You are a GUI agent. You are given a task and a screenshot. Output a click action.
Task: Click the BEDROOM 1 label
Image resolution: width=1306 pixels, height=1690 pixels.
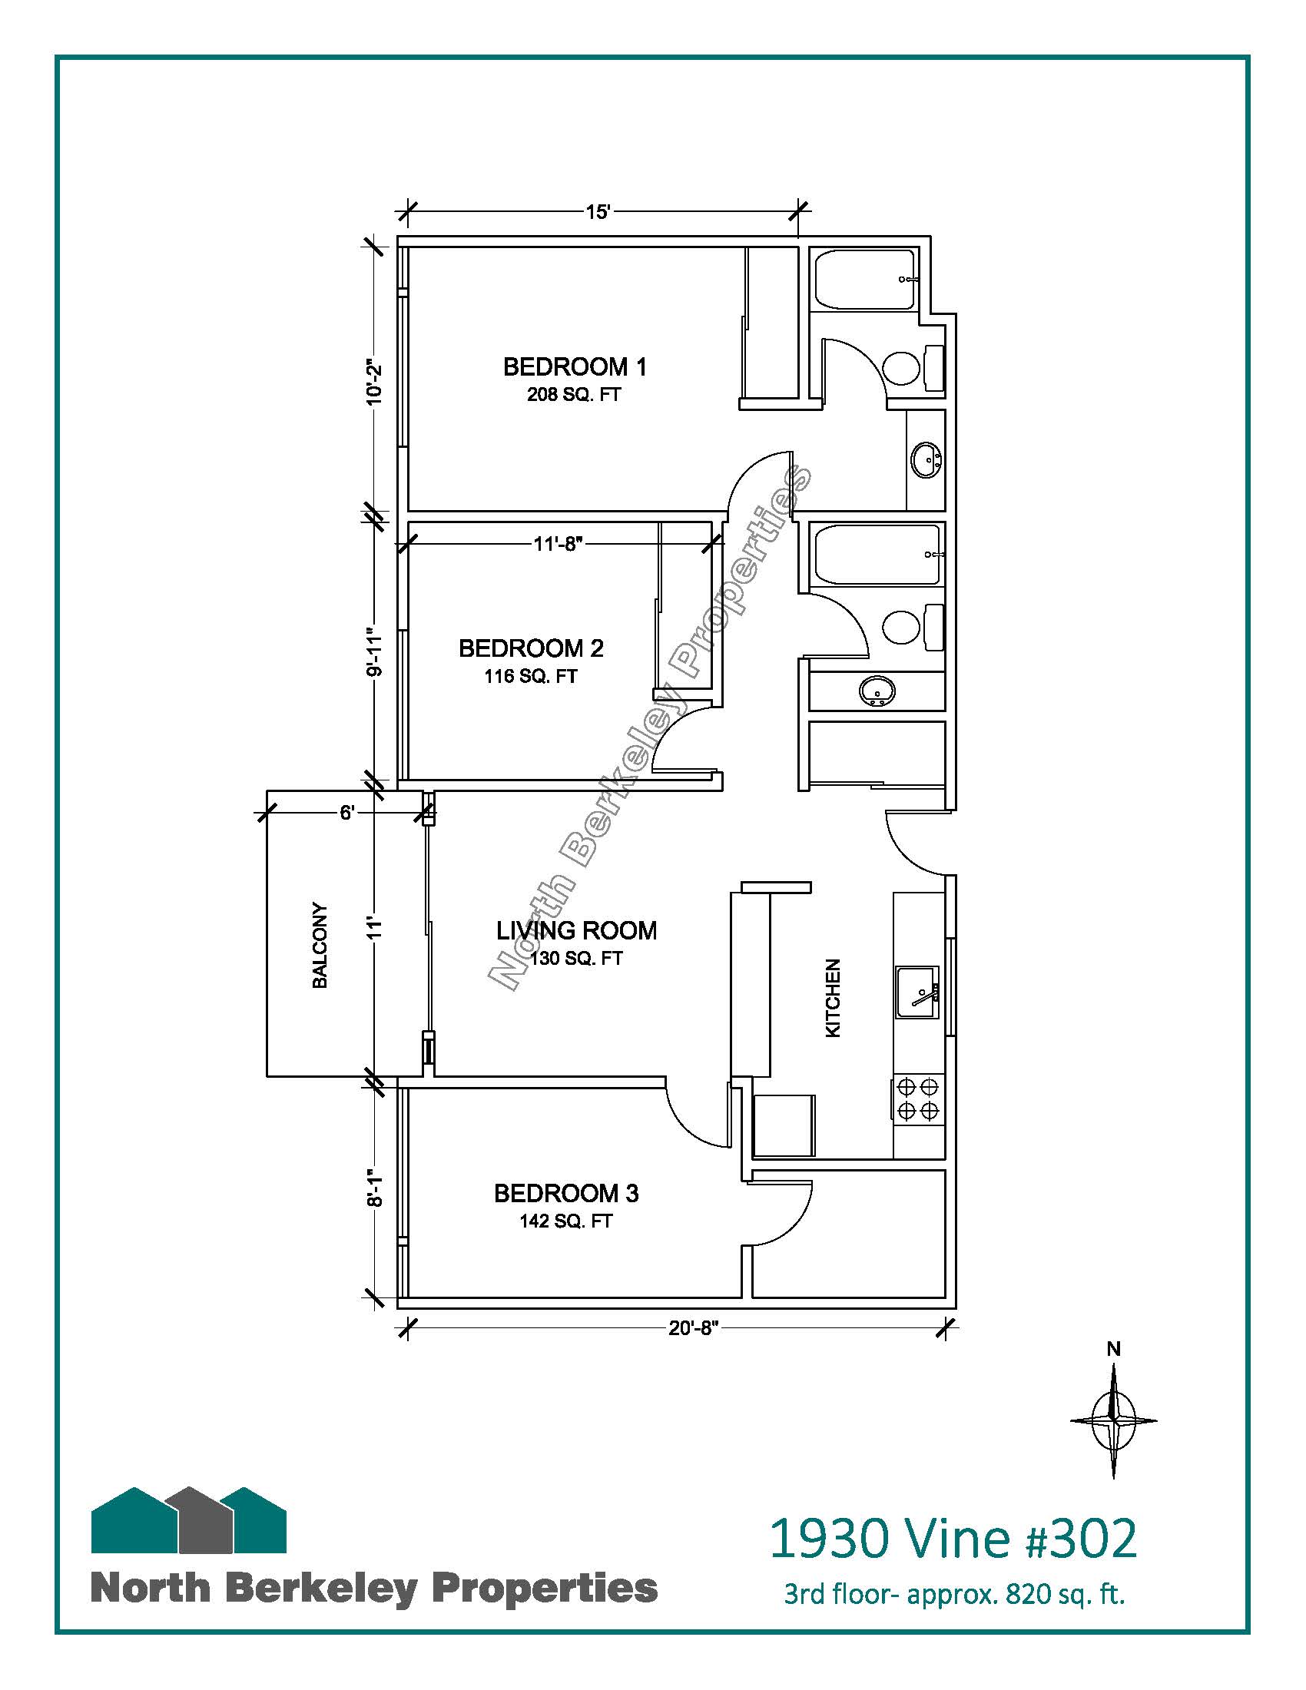coord(574,366)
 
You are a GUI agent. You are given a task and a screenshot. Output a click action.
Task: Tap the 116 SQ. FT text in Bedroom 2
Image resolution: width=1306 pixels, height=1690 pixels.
coord(531,676)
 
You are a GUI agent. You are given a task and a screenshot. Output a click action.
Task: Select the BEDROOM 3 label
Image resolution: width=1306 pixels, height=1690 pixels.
coord(566,1193)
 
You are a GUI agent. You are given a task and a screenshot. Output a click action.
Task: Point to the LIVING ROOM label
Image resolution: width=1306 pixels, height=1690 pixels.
coord(576,930)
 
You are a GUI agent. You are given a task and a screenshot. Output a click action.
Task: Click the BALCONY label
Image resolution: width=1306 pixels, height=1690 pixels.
coord(320,945)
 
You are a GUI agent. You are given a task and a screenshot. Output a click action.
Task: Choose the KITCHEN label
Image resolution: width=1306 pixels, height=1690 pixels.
coord(833,998)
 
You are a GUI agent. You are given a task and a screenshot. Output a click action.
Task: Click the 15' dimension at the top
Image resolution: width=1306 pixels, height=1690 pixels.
coord(598,212)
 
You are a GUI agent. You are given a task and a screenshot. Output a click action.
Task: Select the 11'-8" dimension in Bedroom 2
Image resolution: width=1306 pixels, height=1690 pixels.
coord(557,544)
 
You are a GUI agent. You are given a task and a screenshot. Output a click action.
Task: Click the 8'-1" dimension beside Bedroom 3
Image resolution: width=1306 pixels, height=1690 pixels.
coord(374,1188)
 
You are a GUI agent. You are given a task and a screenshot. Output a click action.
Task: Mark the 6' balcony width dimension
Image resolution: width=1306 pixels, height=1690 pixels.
coord(346,814)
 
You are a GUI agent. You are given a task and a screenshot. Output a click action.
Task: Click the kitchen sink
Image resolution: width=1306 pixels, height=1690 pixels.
coord(917,991)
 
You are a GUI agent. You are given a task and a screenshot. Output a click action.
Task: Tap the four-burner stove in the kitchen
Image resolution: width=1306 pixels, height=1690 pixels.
coord(919,1098)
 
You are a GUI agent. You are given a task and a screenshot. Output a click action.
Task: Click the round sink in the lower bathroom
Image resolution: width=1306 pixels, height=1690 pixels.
coord(877,691)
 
